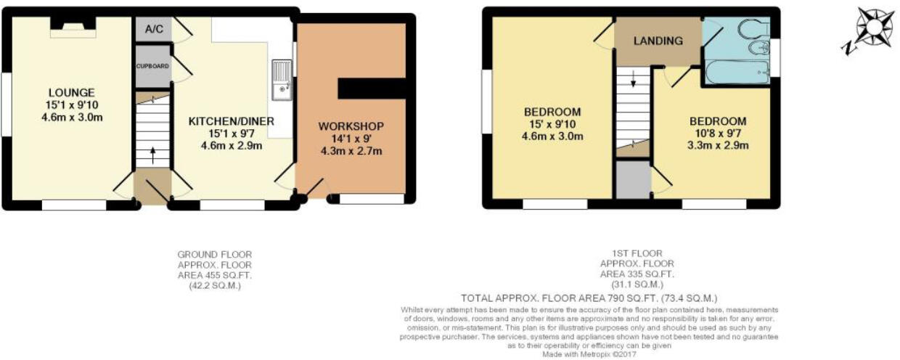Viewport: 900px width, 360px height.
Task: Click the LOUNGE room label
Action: (x=72, y=92)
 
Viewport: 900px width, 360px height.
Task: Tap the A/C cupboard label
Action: (x=155, y=29)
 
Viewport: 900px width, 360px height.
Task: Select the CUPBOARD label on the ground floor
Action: (x=152, y=66)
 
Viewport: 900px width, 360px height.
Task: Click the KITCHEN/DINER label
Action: (x=232, y=121)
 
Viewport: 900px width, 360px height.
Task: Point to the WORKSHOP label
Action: (x=351, y=126)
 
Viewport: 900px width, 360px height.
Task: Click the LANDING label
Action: (x=658, y=41)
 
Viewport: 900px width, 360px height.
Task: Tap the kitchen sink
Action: (x=282, y=80)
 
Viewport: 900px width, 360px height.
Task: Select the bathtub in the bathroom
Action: (x=737, y=73)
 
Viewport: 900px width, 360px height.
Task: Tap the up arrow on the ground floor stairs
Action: (x=152, y=155)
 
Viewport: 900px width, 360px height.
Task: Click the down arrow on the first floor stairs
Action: (x=633, y=78)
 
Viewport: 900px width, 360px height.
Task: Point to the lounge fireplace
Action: (x=73, y=28)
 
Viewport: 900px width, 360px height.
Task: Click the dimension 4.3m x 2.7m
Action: (x=351, y=151)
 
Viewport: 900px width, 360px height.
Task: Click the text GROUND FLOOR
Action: (x=215, y=255)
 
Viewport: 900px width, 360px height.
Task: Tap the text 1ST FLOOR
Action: (x=637, y=253)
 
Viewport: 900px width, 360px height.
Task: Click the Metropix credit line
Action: (x=589, y=355)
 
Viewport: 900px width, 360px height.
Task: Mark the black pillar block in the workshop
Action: (x=372, y=89)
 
